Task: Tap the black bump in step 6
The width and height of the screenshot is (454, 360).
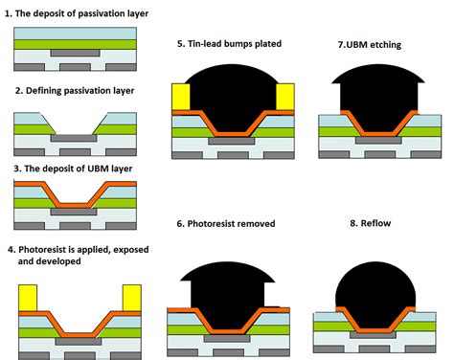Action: [x=232, y=282]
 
